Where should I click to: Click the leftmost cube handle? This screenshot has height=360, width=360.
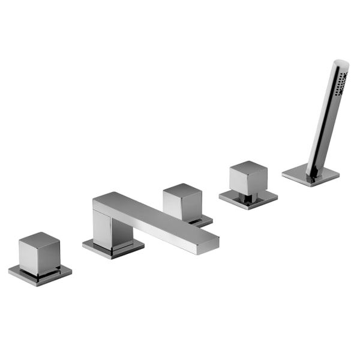(x=39, y=253)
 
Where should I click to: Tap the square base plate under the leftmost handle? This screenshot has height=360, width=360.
(x=40, y=275)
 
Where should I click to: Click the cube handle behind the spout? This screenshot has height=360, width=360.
(x=183, y=202)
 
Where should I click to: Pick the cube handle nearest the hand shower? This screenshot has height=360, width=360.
(x=248, y=178)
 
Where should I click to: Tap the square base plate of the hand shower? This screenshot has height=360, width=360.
(x=311, y=175)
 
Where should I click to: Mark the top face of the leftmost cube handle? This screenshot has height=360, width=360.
(x=39, y=239)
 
